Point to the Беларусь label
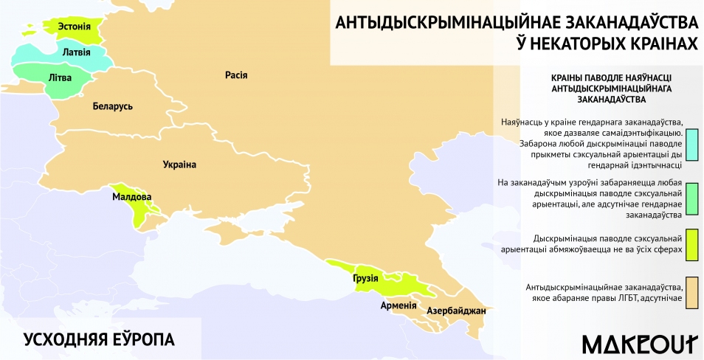click(x=113, y=106)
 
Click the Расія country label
click(x=236, y=75)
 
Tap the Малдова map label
click(x=132, y=197)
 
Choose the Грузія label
click(x=365, y=278)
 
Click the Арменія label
click(x=398, y=305)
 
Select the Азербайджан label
click(x=456, y=311)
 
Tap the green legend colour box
click(x=691, y=198)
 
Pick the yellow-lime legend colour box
click(x=691, y=245)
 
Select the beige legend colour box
click(x=691, y=291)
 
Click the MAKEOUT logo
click(x=639, y=344)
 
